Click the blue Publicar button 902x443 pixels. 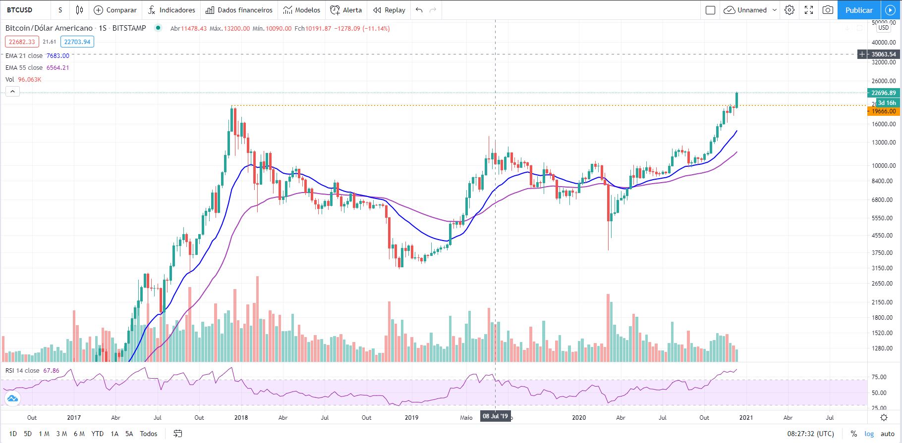pos(858,10)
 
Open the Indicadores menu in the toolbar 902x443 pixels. pos(172,10)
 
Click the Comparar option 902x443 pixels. pos(115,10)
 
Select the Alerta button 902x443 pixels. pos(346,10)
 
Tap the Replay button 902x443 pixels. pos(389,10)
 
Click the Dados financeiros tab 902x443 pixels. pos(239,10)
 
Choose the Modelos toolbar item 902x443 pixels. pos(302,10)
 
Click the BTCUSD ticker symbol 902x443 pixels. pos(20,10)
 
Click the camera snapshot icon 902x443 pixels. pos(828,10)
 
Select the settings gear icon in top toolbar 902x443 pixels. pos(789,10)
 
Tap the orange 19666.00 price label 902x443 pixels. pos(883,111)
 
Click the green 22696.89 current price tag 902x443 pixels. pos(883,93)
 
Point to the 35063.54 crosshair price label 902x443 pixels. pos(883,54)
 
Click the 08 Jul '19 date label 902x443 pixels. pos(495,417)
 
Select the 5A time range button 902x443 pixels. pos(129,434)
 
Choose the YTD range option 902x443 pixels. pos(97,434)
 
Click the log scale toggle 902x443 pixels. pos(869,434)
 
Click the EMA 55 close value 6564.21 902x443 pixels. pos(57,68)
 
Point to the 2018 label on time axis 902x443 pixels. pos(241,417)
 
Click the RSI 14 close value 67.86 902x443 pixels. pos(51,371)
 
